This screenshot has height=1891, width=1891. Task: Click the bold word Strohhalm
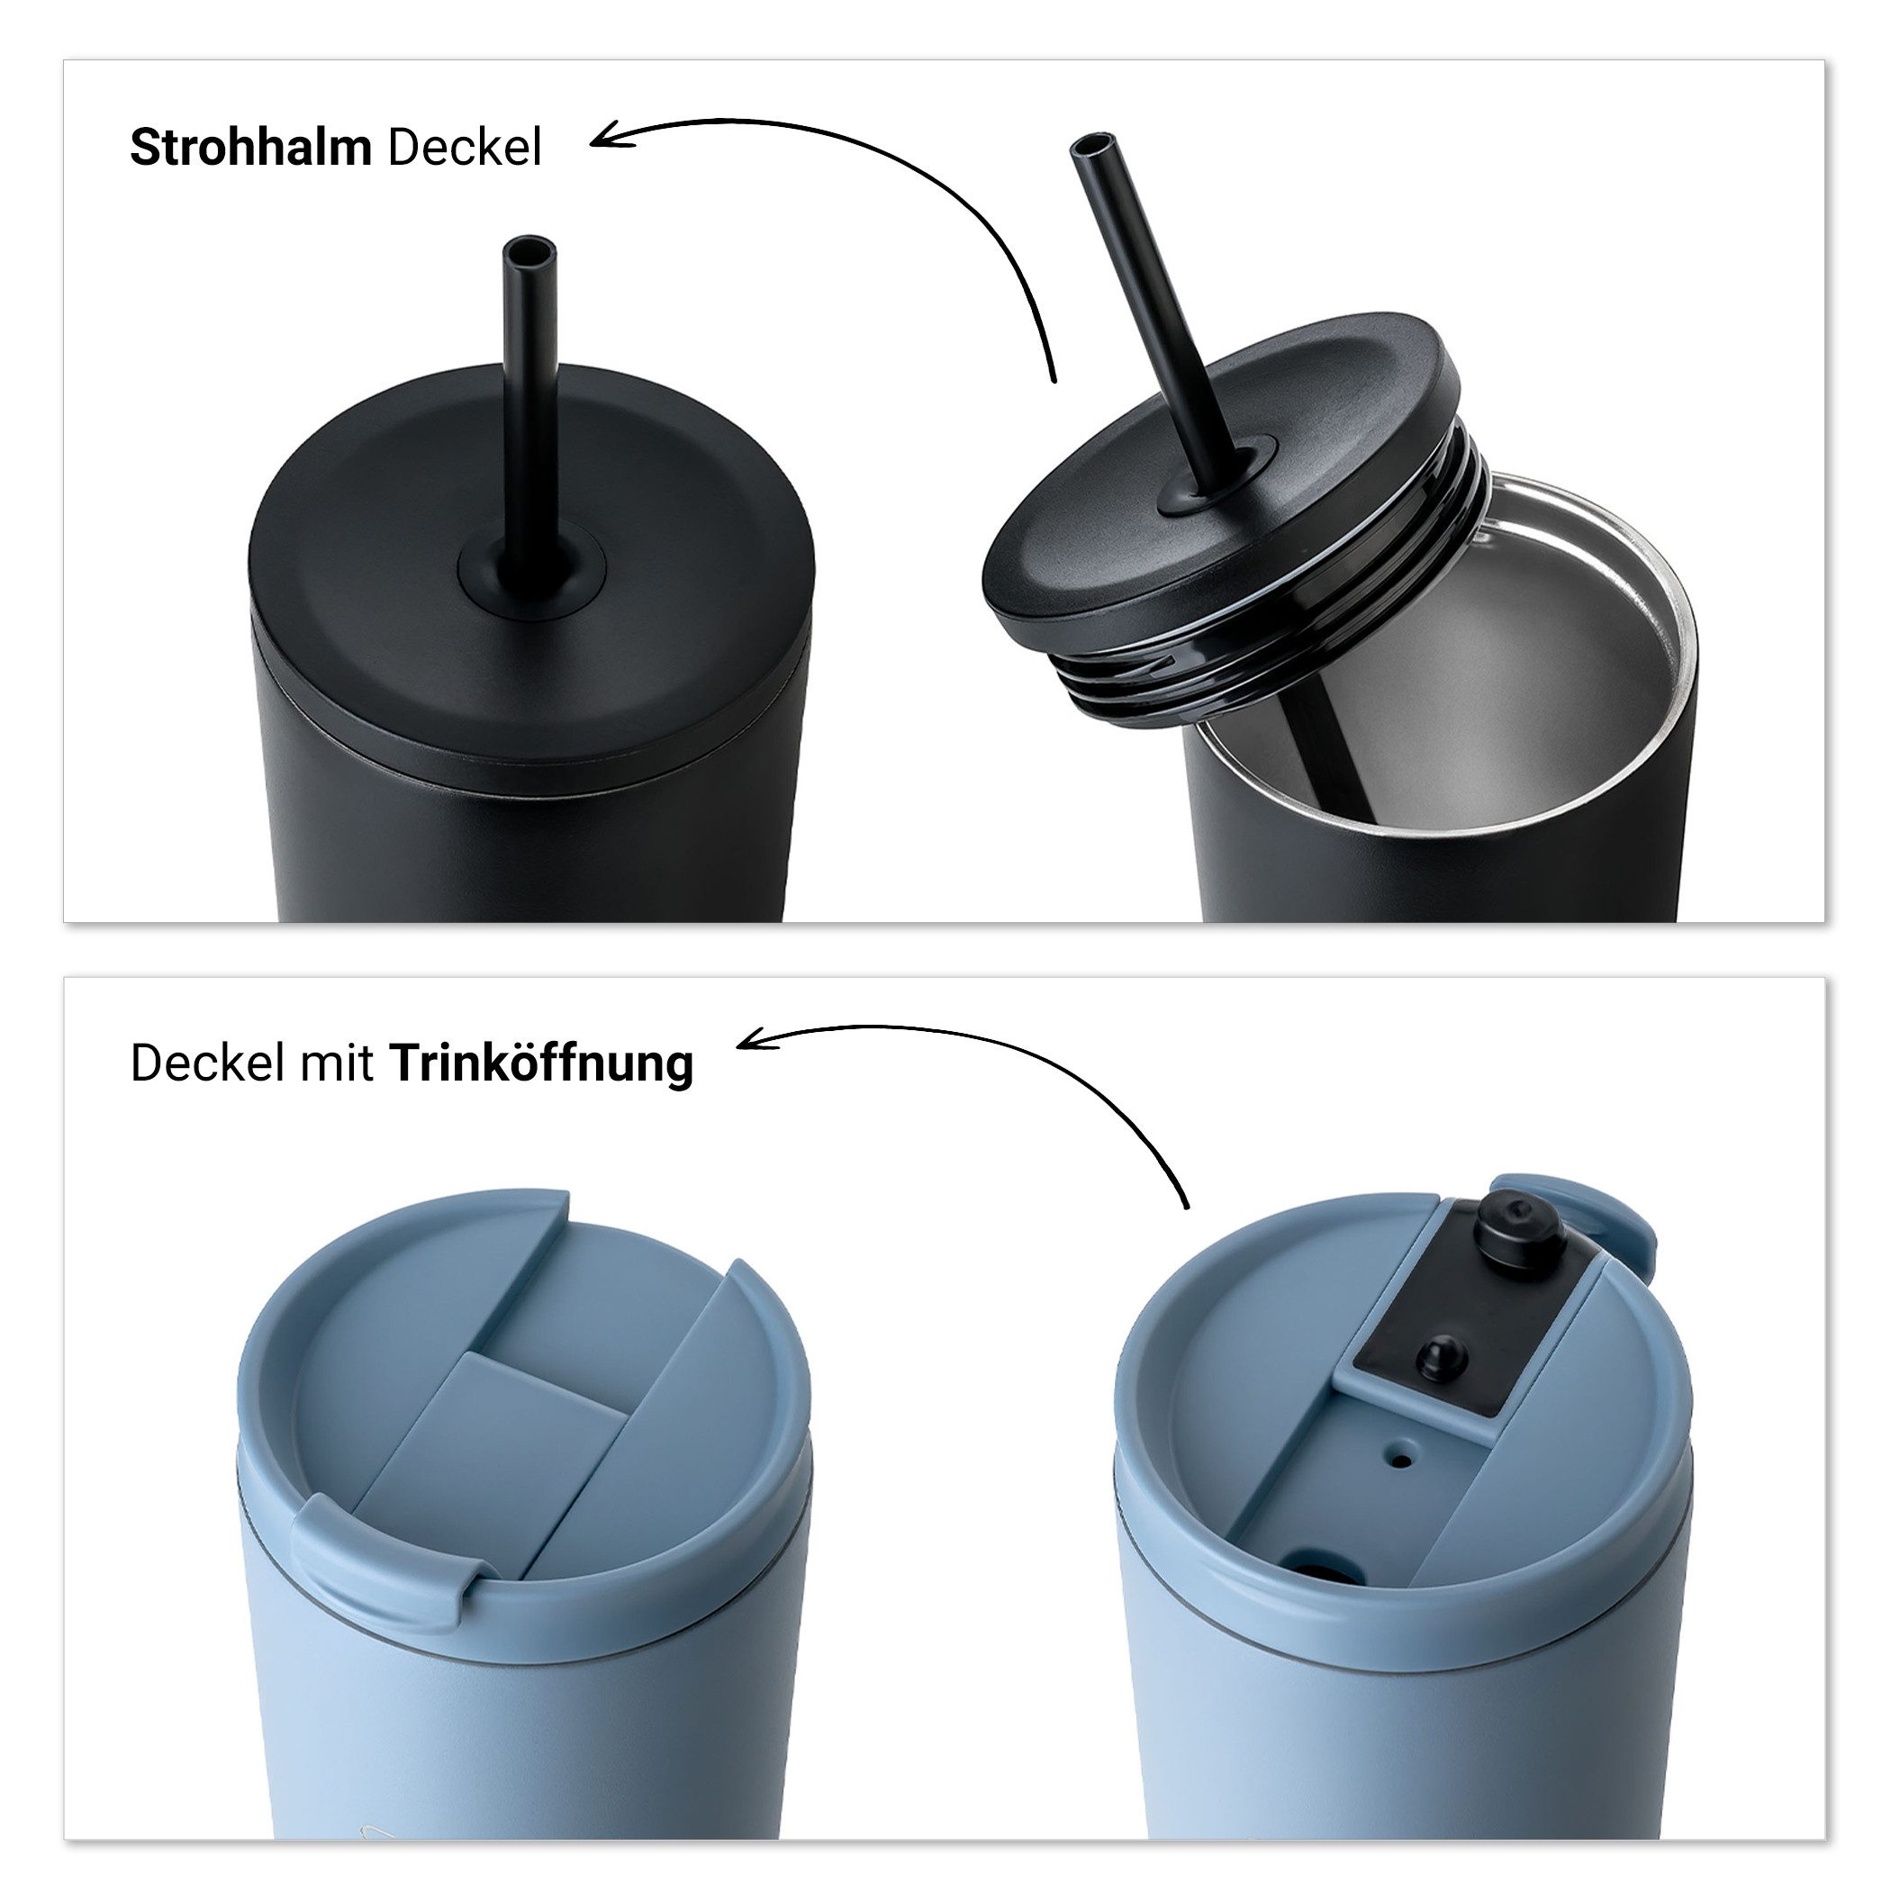(x=250, y=148)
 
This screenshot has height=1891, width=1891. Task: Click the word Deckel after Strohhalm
(x=464, y=148)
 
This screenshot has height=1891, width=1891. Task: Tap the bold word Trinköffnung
(x=541, y=1064)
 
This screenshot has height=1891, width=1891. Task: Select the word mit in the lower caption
(x=336, y=1064)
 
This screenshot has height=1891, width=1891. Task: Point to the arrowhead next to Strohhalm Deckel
(x=601, y=138)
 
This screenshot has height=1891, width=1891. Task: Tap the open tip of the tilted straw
(x=1090, y=145)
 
